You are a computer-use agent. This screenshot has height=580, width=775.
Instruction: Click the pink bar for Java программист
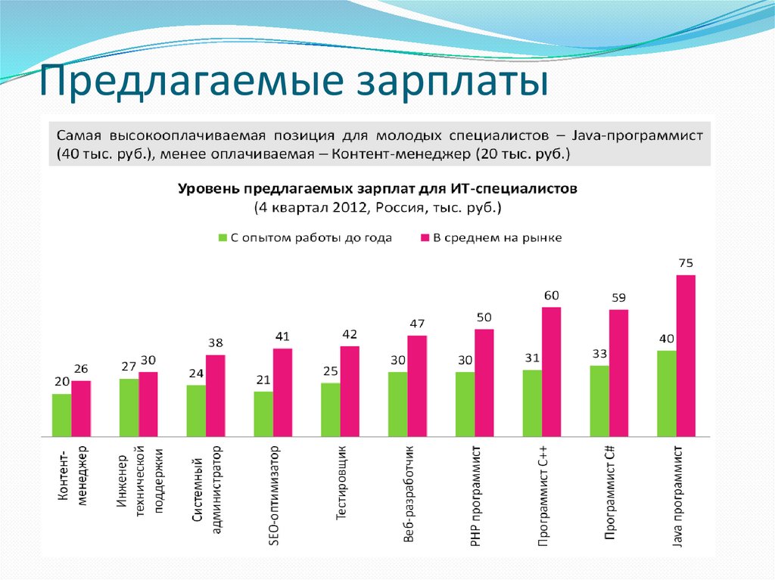[x=686, y=355]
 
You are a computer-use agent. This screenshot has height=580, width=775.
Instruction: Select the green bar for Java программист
[x=666, y=393]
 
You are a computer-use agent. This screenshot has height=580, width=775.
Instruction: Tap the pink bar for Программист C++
[x=551, y=371]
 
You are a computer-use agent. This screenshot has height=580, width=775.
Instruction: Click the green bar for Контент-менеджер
[x=61, y=415]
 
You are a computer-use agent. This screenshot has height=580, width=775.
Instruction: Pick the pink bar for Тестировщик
[x=350, y=391]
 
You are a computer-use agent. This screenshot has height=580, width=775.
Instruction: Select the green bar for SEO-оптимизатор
[x=263, y=414]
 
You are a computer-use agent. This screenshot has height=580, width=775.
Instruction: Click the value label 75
[x=686, y=263]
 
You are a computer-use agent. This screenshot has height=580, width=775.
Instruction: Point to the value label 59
[x=618, y=297]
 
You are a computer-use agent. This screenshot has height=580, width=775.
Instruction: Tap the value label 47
[x=417, y=324]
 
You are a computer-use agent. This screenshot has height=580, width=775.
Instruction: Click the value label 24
[x=196, y=373]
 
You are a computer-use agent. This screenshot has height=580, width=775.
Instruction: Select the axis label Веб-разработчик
[x=409, y=495]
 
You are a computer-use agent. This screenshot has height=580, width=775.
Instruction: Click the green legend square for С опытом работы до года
[x=223, y=237]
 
